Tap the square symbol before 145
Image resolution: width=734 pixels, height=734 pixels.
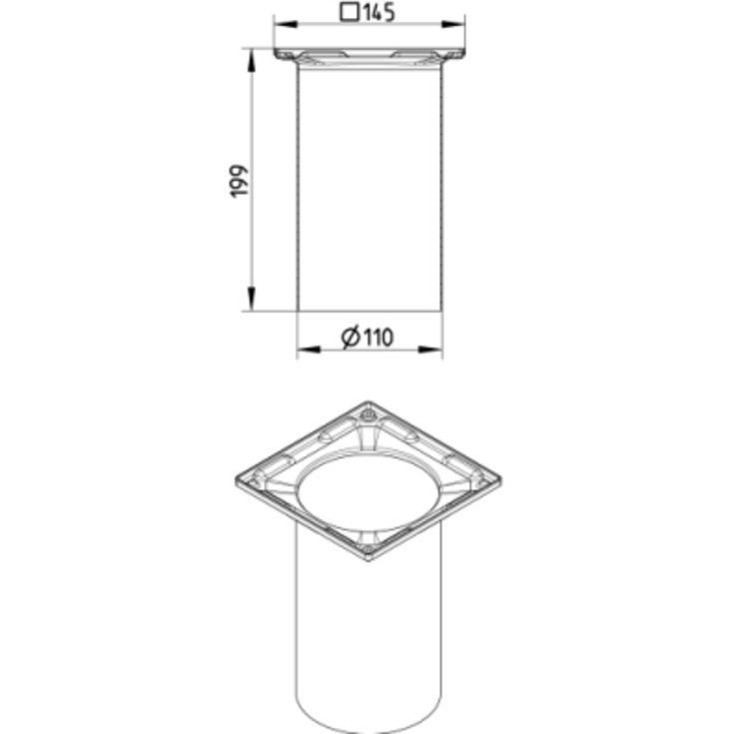[350, 13]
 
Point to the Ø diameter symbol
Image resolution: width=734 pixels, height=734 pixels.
[351, 338]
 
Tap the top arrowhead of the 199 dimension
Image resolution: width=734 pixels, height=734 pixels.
[250, 56]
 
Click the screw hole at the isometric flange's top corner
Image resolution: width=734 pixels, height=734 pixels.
[367, 411]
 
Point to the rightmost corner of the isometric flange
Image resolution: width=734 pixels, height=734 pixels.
[499, 481]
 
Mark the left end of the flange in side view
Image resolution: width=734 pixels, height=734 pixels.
[278, 54]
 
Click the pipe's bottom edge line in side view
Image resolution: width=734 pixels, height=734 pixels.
[369, 311]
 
